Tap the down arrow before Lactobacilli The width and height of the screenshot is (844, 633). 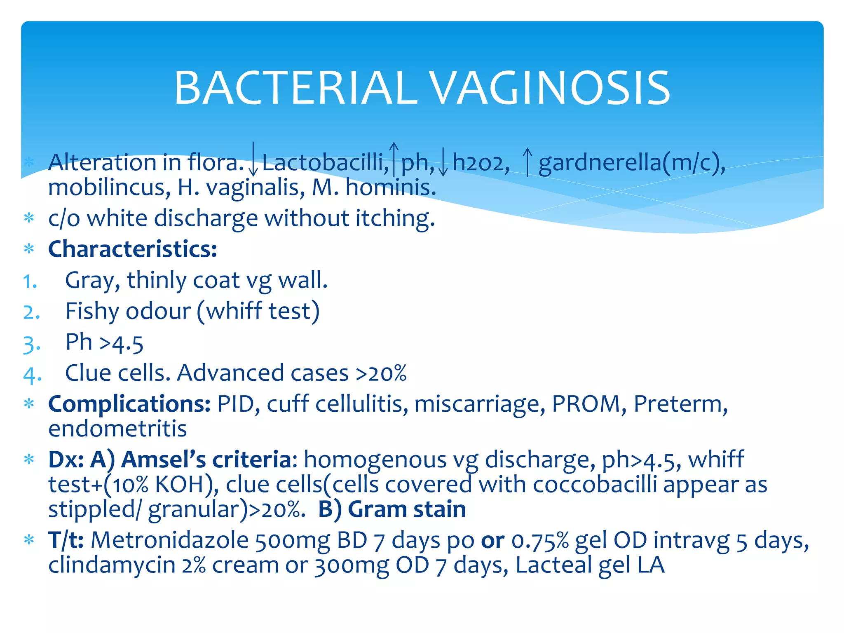253,160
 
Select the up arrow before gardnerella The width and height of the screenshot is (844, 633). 527,162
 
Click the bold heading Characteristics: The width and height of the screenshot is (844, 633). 132,249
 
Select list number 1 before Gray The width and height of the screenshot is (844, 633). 30,282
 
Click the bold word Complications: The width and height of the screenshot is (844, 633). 129,404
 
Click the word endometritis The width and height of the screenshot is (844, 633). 117,429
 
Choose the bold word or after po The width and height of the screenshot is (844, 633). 492,540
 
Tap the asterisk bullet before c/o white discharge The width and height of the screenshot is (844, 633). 29,218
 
